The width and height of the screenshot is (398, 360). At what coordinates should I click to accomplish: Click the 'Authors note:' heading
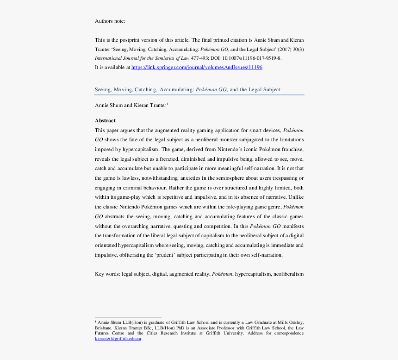pos(110,21)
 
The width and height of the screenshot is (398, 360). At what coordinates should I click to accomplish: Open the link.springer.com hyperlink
pos(197,67)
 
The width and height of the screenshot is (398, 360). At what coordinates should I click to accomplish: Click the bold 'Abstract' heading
pos(105,120)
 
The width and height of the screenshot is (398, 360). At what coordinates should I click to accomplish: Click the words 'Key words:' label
pos(107,274)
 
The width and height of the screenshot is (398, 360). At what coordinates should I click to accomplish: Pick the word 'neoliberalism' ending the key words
pos(288,274)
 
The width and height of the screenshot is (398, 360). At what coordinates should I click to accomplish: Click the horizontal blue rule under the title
pos(199,95)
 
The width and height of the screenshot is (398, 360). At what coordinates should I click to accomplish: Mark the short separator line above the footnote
pos(128,316)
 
